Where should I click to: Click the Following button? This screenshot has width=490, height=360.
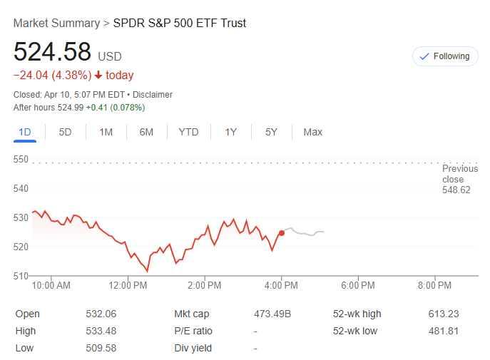(x=444, y=56)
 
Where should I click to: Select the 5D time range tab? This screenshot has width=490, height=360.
(x=65, y=132)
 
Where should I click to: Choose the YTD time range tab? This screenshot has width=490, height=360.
(x=188, y=132)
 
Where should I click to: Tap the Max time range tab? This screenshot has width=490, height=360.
(x=312, y=132)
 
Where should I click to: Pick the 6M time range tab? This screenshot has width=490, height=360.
(x=146, y=132)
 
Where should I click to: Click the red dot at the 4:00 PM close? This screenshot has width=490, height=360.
(x=282, y=233)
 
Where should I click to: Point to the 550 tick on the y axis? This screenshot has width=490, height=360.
(x=20, y=159)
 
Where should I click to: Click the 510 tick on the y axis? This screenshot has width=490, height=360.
(x=20, y=276)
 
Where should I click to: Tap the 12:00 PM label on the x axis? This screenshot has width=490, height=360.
(x=128, y=285)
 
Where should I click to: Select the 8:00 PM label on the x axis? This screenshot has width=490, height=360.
(x=434, y=285)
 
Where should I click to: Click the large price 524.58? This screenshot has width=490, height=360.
(x=53, y=52)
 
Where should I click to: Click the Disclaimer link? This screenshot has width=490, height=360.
(x=152, y=95)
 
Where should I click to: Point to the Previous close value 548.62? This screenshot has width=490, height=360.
(x=456, y=190)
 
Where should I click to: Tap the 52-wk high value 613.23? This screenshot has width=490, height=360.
(x=444, y=314)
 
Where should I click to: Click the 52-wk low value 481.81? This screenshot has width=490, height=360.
(x=444, y=331)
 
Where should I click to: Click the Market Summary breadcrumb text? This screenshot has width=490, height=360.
(x=56, y=23)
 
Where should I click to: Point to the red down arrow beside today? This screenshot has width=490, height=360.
(x=98, y=76)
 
